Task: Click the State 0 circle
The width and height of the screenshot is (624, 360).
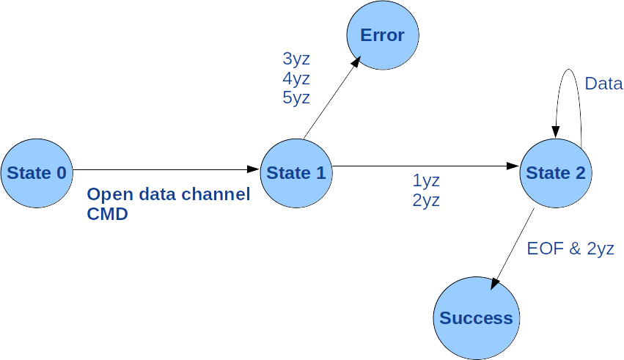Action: [x=37, y=173]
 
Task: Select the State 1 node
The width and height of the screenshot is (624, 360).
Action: [x=296, y=173]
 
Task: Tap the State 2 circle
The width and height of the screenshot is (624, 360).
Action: [x=556, y=173]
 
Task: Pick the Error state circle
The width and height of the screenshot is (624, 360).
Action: [x=382, y=35]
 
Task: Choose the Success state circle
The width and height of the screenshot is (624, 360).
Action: [x=476, y=318]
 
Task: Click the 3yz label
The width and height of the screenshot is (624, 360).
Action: [x=296, y=59]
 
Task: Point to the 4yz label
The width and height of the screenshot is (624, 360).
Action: [x=296, y=78]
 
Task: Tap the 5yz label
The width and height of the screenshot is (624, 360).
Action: [x=296, y=98]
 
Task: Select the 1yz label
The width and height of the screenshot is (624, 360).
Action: [x=426, y=180]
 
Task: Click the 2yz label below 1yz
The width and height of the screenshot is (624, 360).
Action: [x=426, y=200]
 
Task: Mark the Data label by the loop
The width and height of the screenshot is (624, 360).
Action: [x=603, y=84]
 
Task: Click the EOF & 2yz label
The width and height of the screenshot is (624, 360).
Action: [x=570, y=249]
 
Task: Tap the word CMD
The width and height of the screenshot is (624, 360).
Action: [x=108, y=215]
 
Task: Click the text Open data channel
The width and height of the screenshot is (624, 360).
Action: [x=169, y=195]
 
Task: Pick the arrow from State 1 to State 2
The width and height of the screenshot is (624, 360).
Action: [x=425, y=166]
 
